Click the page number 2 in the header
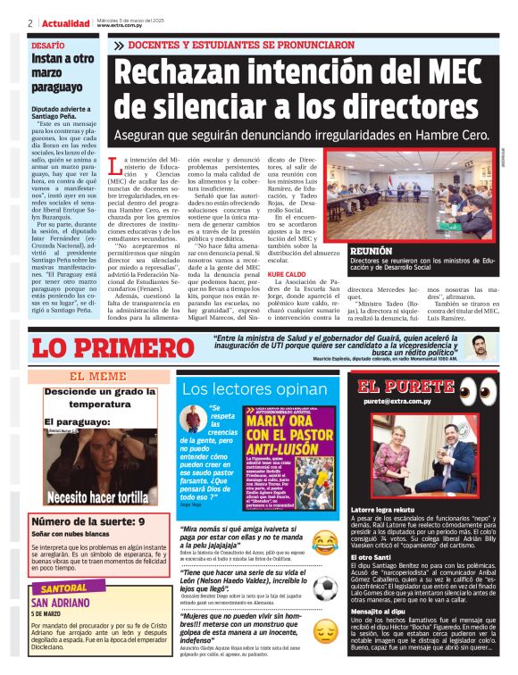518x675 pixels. tap(30, 23)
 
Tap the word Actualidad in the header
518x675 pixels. tap(67, 23)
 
